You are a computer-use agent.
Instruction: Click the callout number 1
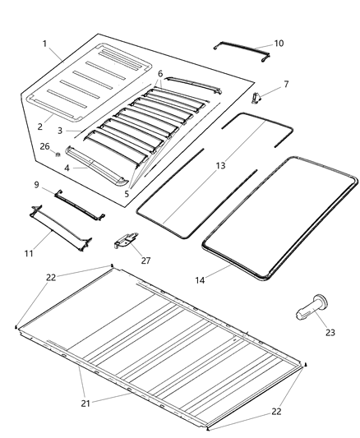[45, 43]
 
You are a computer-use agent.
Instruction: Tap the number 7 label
[286, 84]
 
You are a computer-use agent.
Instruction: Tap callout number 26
[44, 146]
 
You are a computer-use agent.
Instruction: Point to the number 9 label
[36, 183]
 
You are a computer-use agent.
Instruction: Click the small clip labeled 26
[59, 154]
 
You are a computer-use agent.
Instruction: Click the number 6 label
[160, 74]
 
